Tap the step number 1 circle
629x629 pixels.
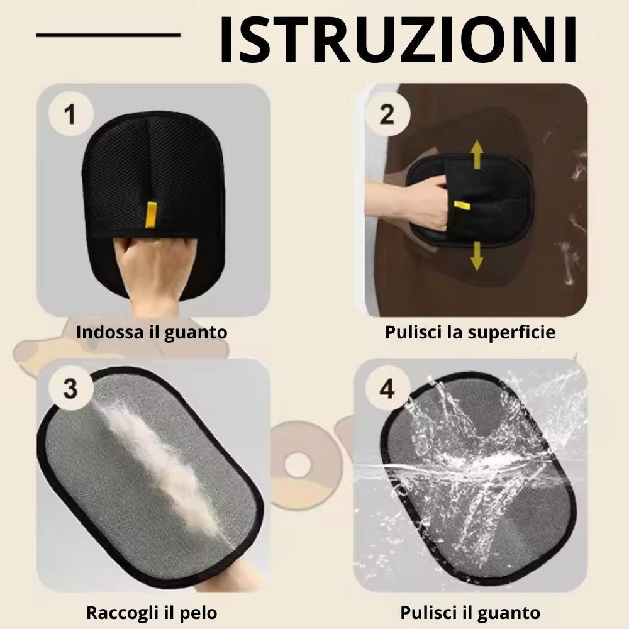pyautogui.click(x=70, y=116)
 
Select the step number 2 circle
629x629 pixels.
pyautogui.click(x=387, y=115)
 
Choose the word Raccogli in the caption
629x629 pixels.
pyautogui.click(x=117, y=612)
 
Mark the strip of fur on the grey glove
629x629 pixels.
pyautogui.click(x=157, y=465)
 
